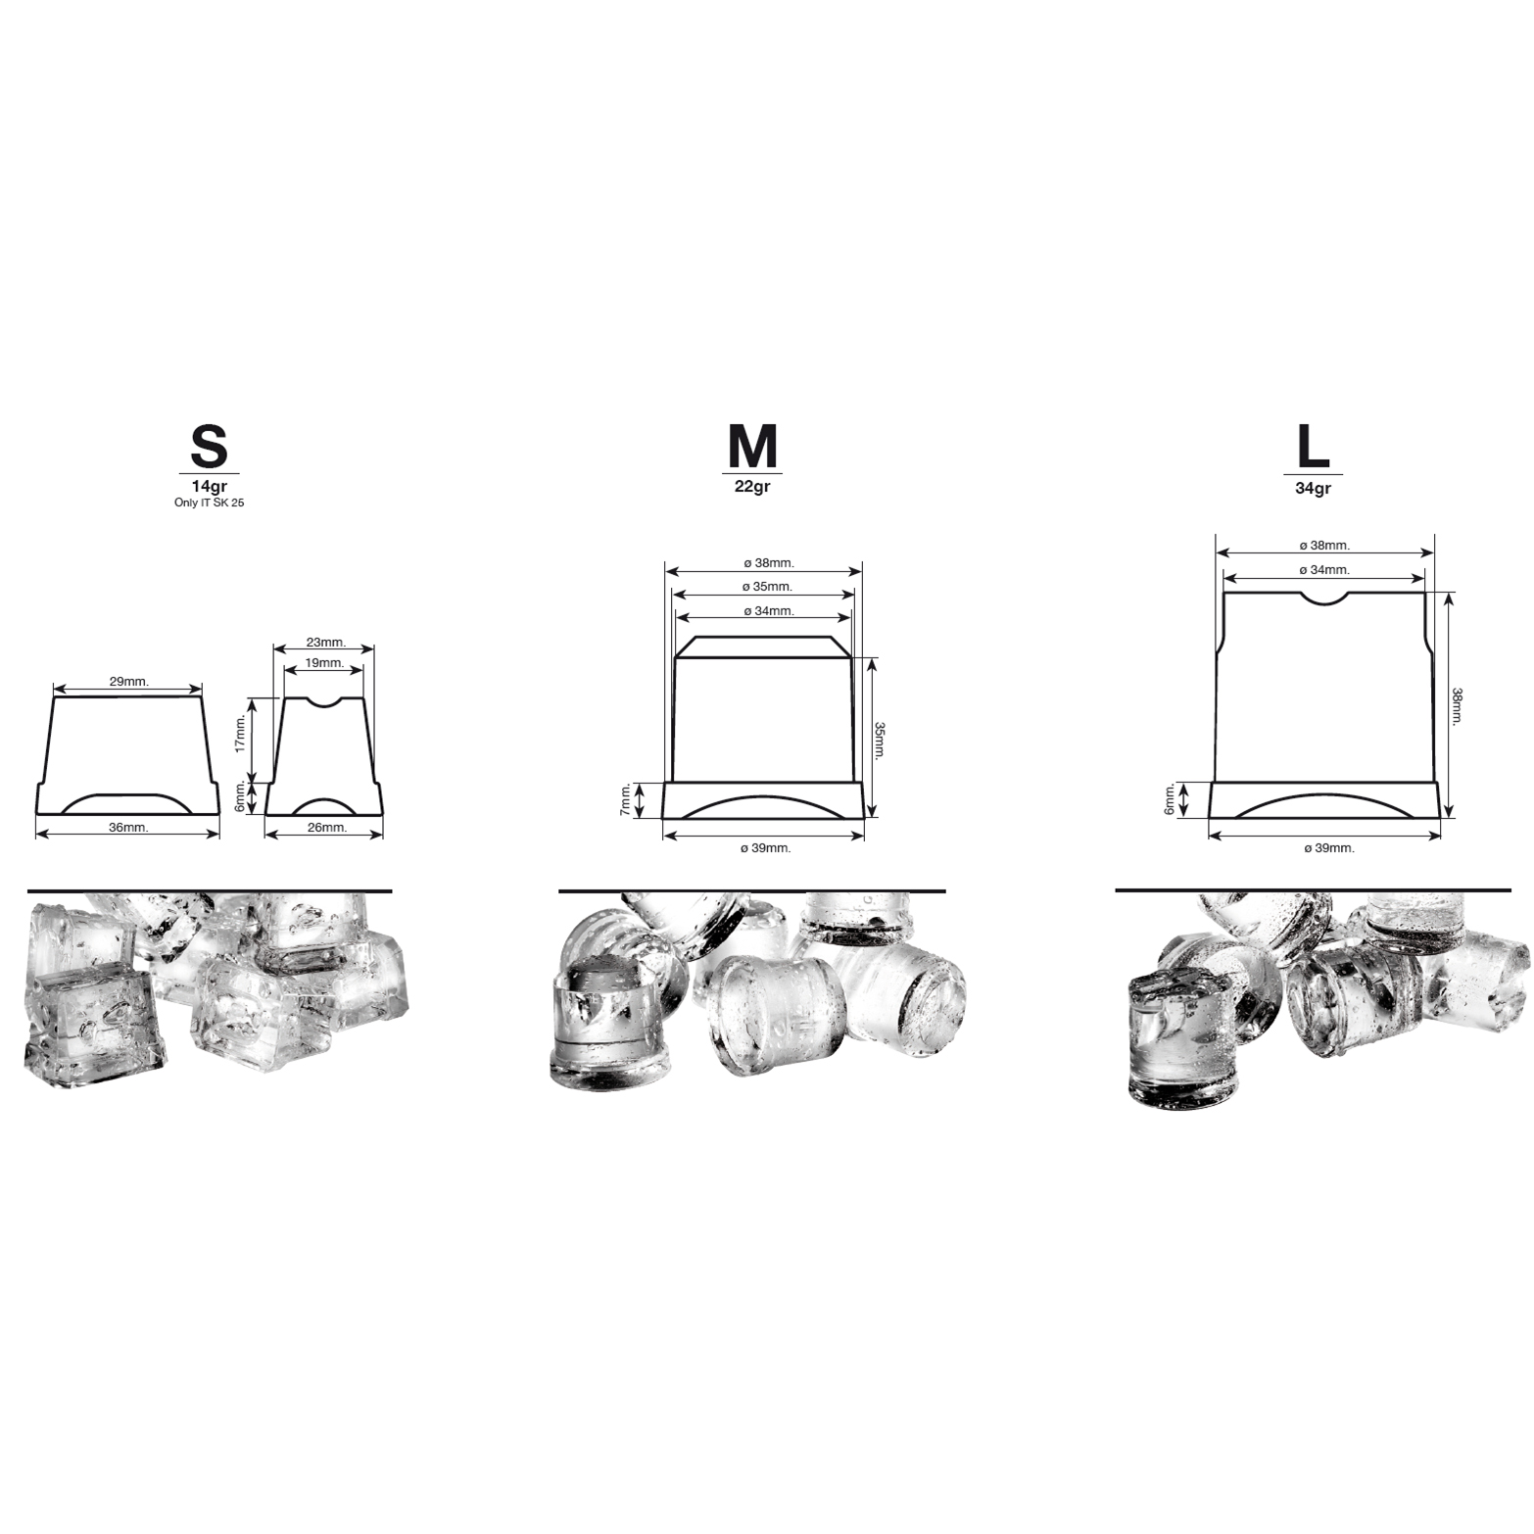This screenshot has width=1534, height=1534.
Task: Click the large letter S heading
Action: (x=209, y=447)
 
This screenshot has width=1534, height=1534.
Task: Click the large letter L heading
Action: (x=1313, y=447)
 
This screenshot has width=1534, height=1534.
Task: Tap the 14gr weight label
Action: (x=209, y=486)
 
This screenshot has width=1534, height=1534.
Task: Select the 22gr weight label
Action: (x=752, y=485)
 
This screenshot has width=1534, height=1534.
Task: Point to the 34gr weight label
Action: (x=1313, y=488)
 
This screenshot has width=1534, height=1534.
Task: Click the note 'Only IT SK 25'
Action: (x=209, y=503)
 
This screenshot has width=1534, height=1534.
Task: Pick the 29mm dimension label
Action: (x=129, y=681)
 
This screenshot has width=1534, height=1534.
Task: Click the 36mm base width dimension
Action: (x=128, y=828)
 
